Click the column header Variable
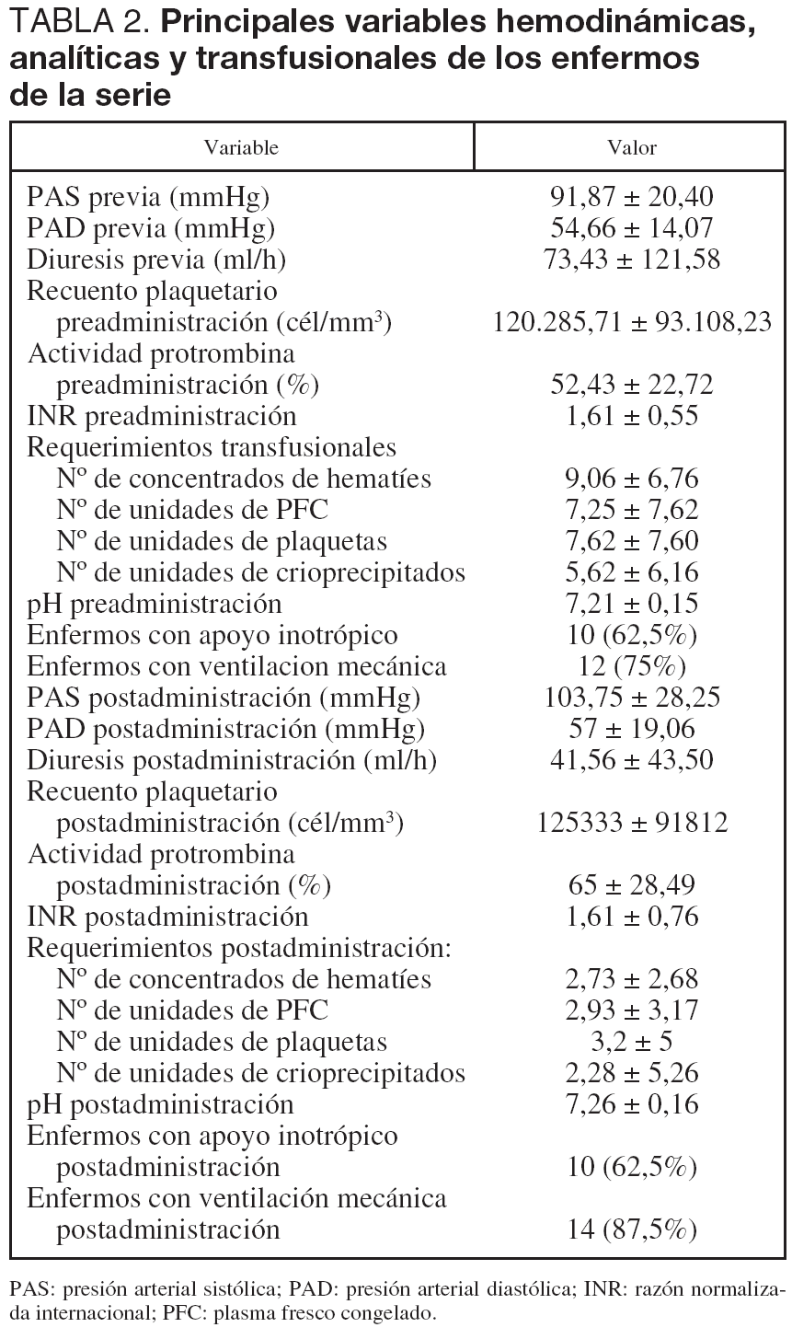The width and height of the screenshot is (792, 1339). pyautogui.click(x=241, y=147)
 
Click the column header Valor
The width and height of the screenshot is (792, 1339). pyautogui.click(x=632, y=147)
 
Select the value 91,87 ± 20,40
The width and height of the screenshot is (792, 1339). pyautogui.click(x=632, y=197)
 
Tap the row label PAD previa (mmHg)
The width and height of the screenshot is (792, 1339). pyautogui.click(x=151, y=228)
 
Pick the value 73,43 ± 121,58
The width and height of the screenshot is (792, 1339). pyautogui.click(x=632, y=260)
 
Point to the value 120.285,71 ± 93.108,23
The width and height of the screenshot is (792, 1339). pyautogui.click(x=632, y=322)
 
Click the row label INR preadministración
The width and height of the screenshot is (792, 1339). pyautogui.click(x=162, y=416)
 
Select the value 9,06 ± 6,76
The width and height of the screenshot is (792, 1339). pyautogui.click(x=632, y=479)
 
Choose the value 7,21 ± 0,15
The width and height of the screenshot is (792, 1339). pyautogui.click(x=632, y=604)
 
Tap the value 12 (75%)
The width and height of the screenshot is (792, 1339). pyautogui.click(x=632, y=666)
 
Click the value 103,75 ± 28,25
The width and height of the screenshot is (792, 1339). pyautogui.click(x=632, y=698)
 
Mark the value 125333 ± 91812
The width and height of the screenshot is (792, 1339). pyautogui.click(x=632, y=822)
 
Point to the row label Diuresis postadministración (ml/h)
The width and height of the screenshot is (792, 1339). pyautogui.click(x=232, y=760)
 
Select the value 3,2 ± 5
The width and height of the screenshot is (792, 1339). pyautogui.click(x=632, y=1042)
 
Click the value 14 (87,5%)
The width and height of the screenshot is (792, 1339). pyautogui.click(x=632, y=1229)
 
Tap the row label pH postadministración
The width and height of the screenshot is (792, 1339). pyautogui.click(x=161, y=1104)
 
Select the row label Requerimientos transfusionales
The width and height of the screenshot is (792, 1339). pyautogui.click(x=212, y=447)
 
